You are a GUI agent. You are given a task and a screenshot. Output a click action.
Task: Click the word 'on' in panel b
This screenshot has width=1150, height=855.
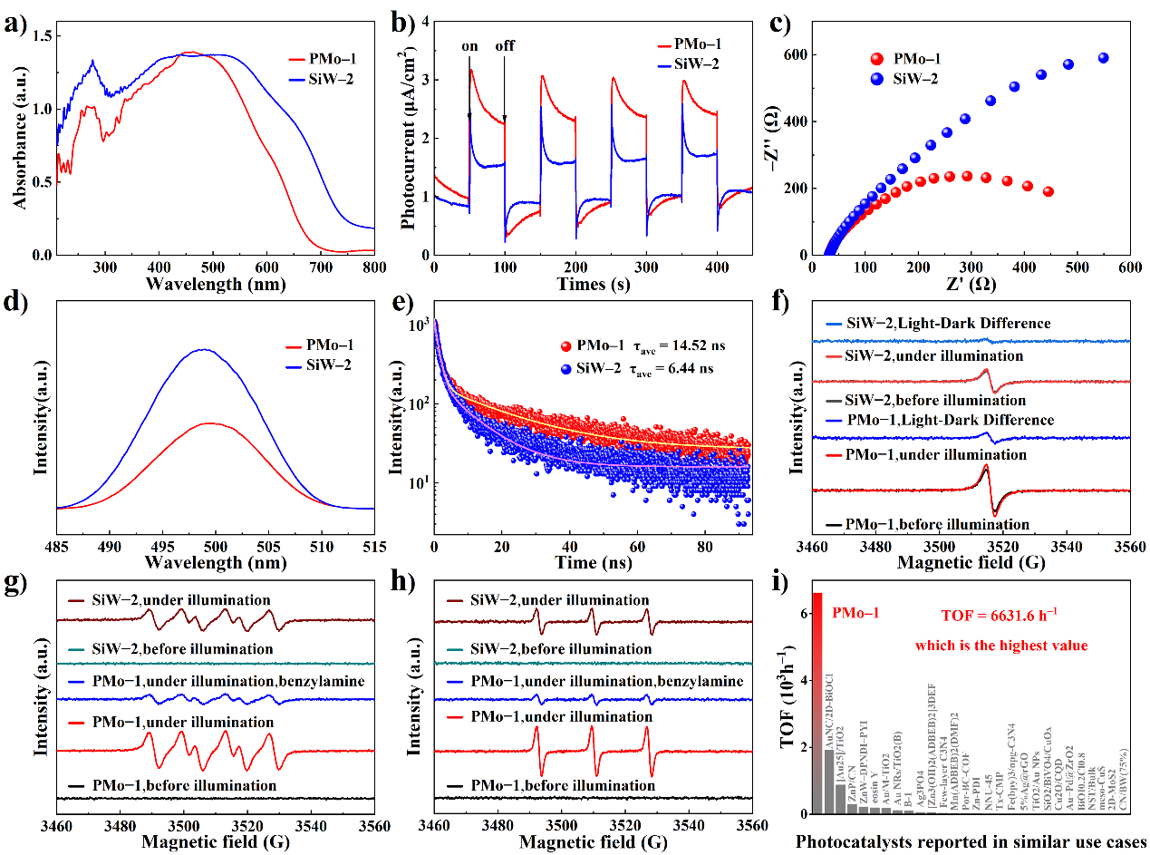pyautogui.click(x=470, y=47)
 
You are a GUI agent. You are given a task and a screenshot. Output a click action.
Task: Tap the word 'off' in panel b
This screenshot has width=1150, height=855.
pyautogui.click(x=505, y=47)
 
